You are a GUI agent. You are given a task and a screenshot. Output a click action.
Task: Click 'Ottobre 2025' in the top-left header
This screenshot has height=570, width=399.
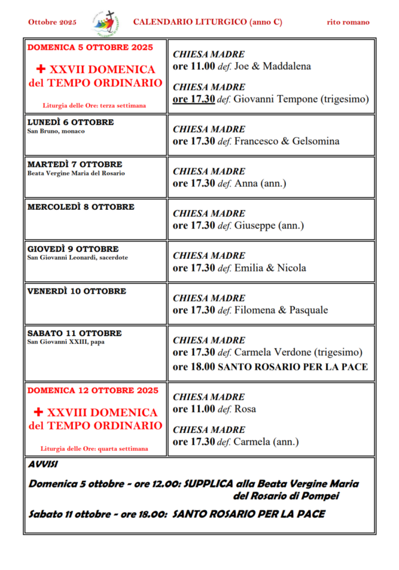coord(52,22)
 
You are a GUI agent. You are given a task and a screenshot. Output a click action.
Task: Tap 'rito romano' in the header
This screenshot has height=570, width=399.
coord(348,22)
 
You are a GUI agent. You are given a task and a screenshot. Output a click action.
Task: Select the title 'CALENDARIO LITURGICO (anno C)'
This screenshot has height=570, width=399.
coord(207,22)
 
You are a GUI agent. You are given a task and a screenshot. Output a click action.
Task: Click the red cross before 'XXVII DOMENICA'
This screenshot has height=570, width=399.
coord(40,70)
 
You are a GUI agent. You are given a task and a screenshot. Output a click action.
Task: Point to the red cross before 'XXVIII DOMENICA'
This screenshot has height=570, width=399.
coord(38,412)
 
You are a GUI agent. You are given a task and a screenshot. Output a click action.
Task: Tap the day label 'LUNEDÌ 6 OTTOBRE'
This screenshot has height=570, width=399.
coord(70,122)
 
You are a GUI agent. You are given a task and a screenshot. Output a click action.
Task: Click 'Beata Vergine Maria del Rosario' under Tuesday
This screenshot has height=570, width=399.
coord(76,173)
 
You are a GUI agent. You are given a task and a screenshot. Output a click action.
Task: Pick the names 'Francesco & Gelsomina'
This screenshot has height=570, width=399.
coord(286,141)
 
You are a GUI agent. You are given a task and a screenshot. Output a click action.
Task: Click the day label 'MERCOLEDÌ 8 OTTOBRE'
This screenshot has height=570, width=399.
coord(81,207)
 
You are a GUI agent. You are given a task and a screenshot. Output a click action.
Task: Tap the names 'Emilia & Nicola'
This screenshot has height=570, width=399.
coord(270,268)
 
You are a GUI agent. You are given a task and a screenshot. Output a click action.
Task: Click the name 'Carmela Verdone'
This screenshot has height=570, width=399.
coord(273,352)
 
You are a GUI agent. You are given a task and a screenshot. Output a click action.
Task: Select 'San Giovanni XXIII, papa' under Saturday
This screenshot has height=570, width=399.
coord(66,342)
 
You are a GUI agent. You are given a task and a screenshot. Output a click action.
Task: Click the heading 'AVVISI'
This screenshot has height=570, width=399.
coord(43,464)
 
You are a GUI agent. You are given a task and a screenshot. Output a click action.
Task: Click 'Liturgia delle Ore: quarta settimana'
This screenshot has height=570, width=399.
coord(94,448)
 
